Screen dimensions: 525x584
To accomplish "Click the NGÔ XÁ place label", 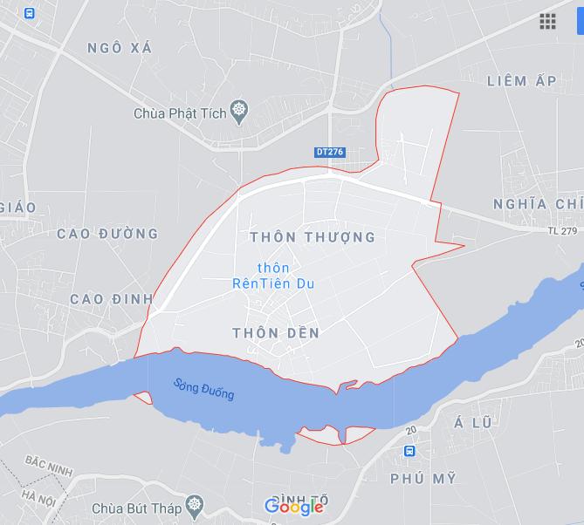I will pyautogui.click(x=120, y=48).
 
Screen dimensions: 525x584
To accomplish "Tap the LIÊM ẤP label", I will pyautogui.click(x=522, y=81).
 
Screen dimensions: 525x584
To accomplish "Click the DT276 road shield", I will pyautogui.click(x=330, y=152).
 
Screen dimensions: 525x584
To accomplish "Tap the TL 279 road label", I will pyautogui.click(x=563, y=231).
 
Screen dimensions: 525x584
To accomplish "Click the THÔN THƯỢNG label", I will pyautogui.click(x=312, y=237).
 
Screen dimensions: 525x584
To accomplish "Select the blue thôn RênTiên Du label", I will pyautogui.click(x=273, y=275).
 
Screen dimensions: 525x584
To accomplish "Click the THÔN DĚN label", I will pyautogui.click(x=277, y=332).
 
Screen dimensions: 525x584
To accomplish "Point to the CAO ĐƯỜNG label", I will pyautogui.click(x=107, y=234).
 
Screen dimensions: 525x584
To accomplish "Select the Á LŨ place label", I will pyautogui.click(x=474, y=423).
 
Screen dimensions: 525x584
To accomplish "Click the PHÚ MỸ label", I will pyautogui.click(x=423, y=480).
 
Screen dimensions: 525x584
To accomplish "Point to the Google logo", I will pyautogui.click(x=294, y=507).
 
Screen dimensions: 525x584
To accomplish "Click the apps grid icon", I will pyautogui.click(x=547, y=22).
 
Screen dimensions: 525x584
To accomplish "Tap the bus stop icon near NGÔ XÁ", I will pyautogui.click(x=30, y=13).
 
